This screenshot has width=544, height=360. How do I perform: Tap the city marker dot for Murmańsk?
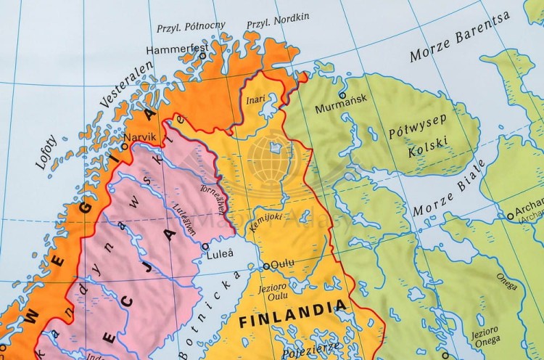[x=342, y=95]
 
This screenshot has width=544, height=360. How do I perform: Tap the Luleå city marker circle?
[x=205, y=246]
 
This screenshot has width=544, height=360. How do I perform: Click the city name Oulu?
[x=282, y=265]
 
